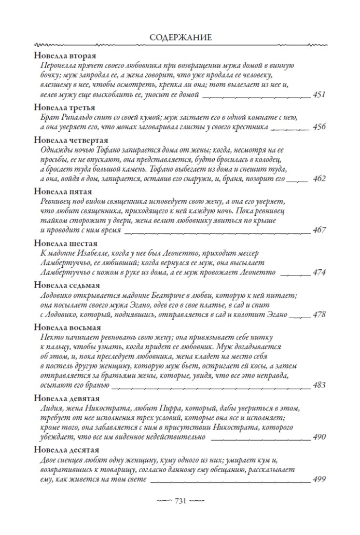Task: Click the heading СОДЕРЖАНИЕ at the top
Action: click(x=179, y=37)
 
